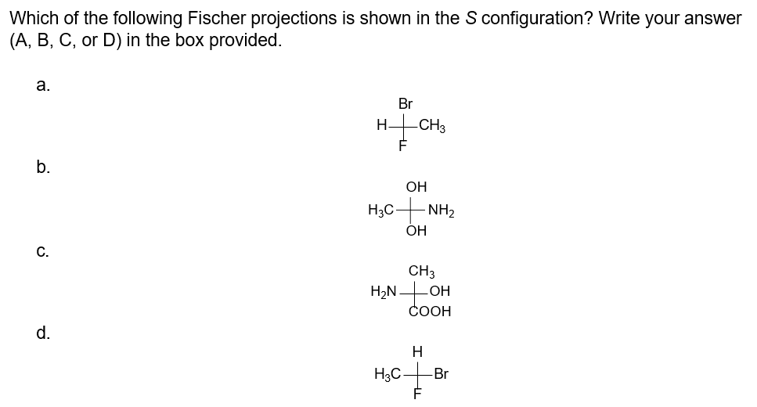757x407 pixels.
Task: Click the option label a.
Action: pyautogui.click(x=41, y=86)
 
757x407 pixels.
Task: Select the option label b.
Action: pyautogui.click(x=41, y=167)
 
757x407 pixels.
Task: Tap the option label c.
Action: pyautogui.click(x=41, y=252)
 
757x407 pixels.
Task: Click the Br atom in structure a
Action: pyautogui.click(x=406, y=103)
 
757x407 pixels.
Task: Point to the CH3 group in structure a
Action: pyautogui.click(x=432, y=124)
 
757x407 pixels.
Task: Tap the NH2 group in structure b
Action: pyautogui.click(x=442, y=210)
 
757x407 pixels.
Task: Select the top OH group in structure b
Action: pyautogui.click(x=416, y=188)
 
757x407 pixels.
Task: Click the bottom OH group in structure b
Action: pyautogui.click(x=416, y=231)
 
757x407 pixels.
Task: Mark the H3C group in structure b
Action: pyautogui.click(x=381, y=210)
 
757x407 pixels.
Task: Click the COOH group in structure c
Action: pyautogui.click(x=431, y=312)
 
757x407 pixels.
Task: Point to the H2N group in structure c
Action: pyautogui.click(x=384, y=292)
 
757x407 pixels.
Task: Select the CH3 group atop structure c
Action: pyautogui.click(x=422, y=272)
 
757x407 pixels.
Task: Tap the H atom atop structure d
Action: pyautogui.click(x=417, y=352)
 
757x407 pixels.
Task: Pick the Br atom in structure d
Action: pyautogui.click(x=441, y=374)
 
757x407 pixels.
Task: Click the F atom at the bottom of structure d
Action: pyautogui.click(x=417, y=395)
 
